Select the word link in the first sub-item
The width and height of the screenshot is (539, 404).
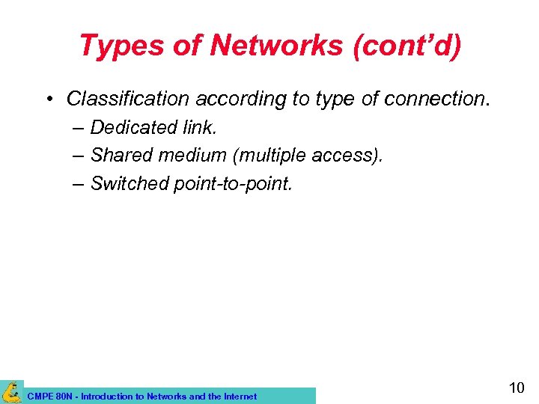200,128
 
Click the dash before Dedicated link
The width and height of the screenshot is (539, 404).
79,128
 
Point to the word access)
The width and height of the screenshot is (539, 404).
350,156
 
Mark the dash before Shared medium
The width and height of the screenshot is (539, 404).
79,156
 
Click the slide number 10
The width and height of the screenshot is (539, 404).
517,388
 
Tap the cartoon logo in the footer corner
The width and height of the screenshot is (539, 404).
11,391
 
